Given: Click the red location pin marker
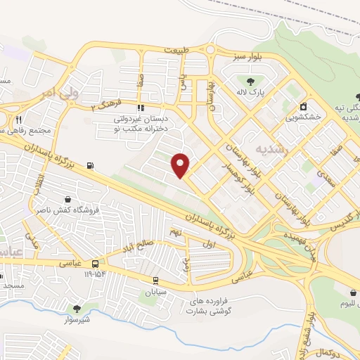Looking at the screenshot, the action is pyautogui.click(x=181, y=165).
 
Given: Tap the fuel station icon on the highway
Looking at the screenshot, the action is pyautogui.click(x=89, y=167).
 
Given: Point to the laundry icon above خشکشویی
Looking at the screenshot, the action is pyautogui.click(x=303, y=107).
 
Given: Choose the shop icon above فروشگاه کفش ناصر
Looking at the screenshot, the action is pyautogui.click(x=67, y=199).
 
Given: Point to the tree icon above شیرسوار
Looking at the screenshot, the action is pyautogui.click(x=76, y=307).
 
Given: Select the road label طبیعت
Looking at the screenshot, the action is pyautogui.click(x=178, y=51).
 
